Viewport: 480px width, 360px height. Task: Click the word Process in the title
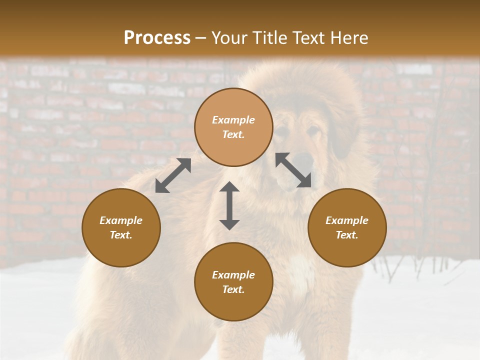[x=157, y=38]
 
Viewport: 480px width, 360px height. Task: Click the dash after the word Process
[x=200, y=39]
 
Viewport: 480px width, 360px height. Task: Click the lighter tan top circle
[x=233, y=127]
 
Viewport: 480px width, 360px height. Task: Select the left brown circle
[x=121, y=227]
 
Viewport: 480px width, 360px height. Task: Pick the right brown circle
[x=347, y=227]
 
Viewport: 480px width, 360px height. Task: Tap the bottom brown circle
[x=233, y=281]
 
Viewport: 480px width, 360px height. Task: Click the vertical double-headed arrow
[x=229, y=205]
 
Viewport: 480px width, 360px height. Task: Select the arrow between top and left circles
[x=173, y=175]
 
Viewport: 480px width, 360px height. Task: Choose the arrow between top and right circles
[x=293, y=170]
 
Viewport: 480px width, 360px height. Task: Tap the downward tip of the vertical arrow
[x=229, y=227]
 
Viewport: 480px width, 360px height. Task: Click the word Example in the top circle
[x=233, y=120]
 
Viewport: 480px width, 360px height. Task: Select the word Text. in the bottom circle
[x=233, y=289]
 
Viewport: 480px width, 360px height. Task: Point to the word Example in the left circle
[x=121, y=220]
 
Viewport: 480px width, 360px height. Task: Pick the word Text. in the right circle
[x=347, y=235]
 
